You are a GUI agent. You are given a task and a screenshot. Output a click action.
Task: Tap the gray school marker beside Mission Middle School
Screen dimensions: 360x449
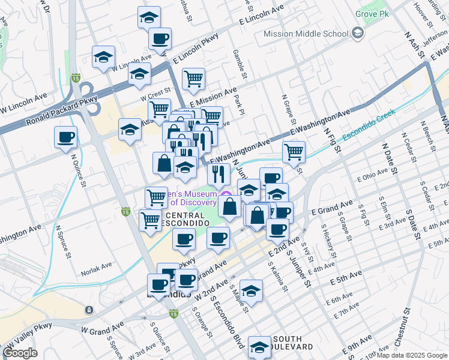[x=358, y=33]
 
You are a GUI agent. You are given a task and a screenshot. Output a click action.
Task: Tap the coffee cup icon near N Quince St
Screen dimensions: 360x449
[x=65, y=137]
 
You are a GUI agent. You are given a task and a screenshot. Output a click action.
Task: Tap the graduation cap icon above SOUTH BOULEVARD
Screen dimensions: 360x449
[x=259, y=346]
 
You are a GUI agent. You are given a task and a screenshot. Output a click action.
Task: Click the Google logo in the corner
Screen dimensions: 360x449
[x=20, y=353]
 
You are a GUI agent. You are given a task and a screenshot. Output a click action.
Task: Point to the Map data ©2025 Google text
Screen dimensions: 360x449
[x=412, y=355]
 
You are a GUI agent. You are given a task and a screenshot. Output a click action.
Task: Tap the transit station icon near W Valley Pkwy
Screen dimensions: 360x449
[x=89, y=310]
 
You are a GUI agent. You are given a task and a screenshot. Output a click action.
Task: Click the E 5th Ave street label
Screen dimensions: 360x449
[x=347, y=276]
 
